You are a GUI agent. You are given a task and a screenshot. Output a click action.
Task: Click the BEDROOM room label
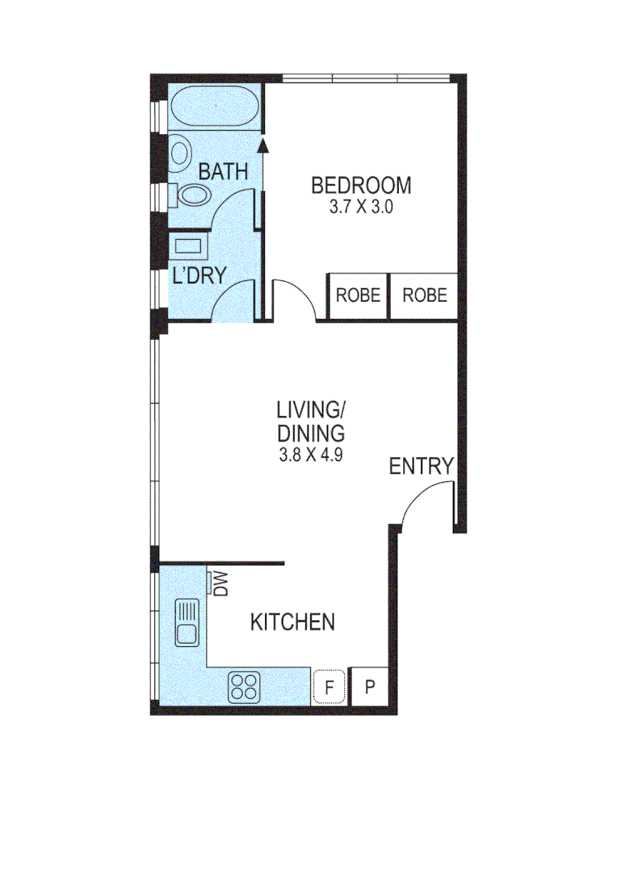(361, 186)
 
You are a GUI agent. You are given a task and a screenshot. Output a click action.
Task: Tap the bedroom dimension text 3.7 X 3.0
(361, 207)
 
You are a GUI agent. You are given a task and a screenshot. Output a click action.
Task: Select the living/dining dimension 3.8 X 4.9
(311, 454)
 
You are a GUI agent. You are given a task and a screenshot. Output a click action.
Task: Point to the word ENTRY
(421, 466)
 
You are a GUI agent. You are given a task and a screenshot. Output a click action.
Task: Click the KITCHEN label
(292, 623)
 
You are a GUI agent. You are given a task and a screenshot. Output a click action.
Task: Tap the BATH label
(222, 172)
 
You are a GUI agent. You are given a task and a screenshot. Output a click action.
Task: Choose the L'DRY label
(199, 275)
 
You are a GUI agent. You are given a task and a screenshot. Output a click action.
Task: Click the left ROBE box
(358, 296)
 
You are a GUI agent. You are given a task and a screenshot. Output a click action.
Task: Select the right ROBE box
(425, 296)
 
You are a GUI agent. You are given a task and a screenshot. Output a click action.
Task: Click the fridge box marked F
(329, 687)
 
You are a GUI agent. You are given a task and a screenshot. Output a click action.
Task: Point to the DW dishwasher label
(219, 584)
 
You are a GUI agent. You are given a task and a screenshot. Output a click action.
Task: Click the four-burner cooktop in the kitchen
(245, 686)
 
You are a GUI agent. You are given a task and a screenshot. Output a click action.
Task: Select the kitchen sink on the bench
(187, 623)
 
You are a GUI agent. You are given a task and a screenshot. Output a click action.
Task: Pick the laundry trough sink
(189, 246)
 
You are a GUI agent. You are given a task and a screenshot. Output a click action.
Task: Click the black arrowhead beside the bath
(262, 145)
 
